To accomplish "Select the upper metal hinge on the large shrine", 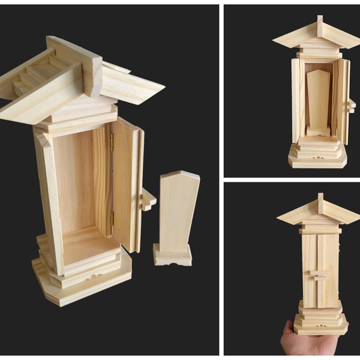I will pyautogui.click(x=112, y=142).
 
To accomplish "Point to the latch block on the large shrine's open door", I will pyautogui.click(x=148, y=200).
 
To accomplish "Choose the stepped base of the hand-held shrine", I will pyautogui.click(x=320, y=318).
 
